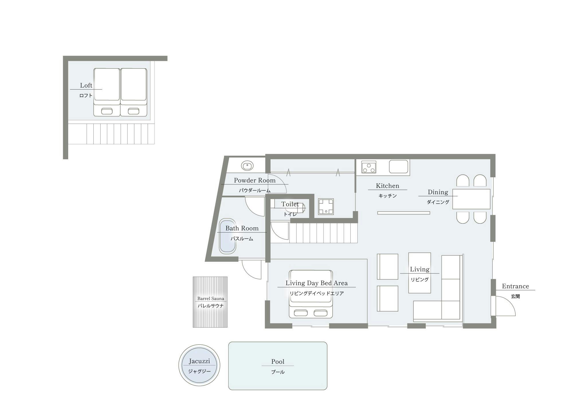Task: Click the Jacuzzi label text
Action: tap(199, 361)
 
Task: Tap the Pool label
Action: tap(278, 362)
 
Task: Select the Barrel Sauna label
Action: tap(211, 299)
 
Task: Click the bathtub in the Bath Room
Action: tap(227, 236)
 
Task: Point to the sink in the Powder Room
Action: tap(247, 166)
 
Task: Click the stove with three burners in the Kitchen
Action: tap(369, 167)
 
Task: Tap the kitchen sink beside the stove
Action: tap(399, 167)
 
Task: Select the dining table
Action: tap(471, 199)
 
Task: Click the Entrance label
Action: tap(515, 286)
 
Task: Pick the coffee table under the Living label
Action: tap(419, 273)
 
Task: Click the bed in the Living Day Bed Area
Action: tap(311, 294)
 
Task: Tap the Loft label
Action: tap(86, 85)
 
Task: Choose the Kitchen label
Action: tap(387, 186)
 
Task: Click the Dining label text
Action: tap(438, 192)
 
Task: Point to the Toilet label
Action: tap(290, 204)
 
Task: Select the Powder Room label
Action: tap(255, 180)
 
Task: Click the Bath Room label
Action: tap(242, 228)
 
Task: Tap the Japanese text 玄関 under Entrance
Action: tap(515, 296)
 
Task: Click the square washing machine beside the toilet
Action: tap(326, 207)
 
